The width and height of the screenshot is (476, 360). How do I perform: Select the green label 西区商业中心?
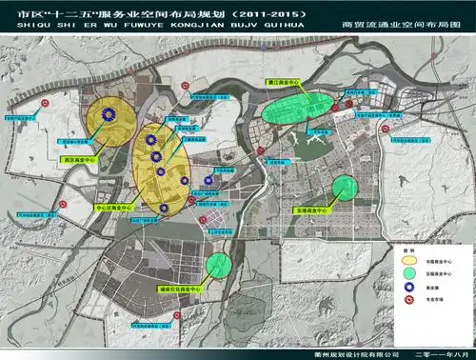(78, 160)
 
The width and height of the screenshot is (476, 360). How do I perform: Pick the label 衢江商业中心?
(287, 84)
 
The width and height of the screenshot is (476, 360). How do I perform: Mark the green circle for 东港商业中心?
(345, 188)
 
